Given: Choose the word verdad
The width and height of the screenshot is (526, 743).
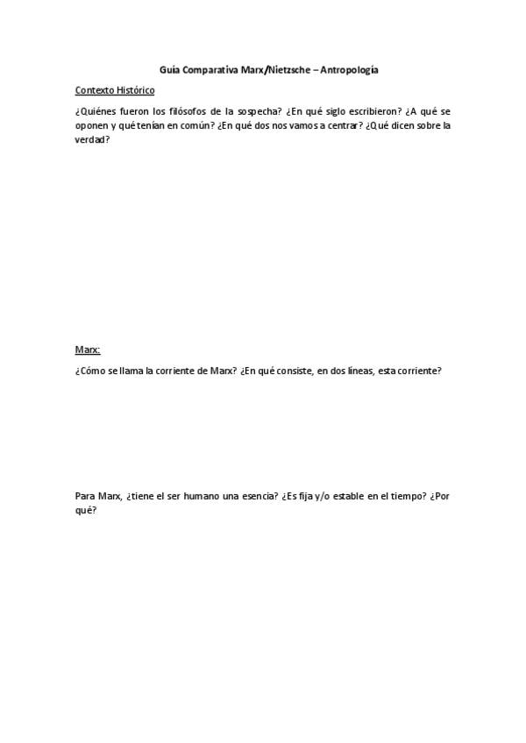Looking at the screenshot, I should pos(92,139).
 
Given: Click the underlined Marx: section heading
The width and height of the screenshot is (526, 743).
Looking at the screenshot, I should pos(88,349).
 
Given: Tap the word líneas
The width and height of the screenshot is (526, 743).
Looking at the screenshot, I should pos(362,371).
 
